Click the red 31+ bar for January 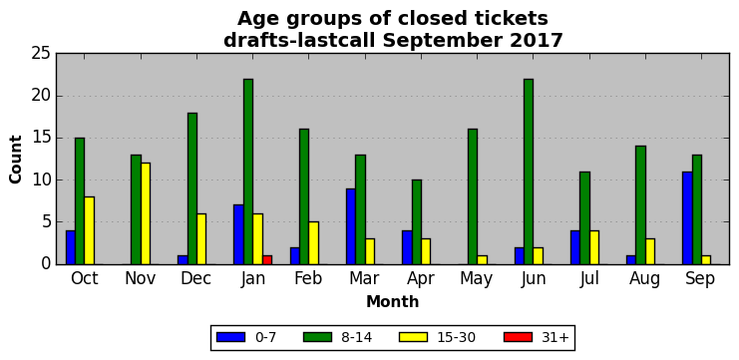pyautogui.click(x=267, y=259)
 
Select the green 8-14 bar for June pyautogui.click(x=529, y=172)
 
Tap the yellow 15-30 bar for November pyautogui.click(x=146, y=213)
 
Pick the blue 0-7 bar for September pyautogui.click(x=687, y=217)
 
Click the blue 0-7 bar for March pyautogui.click(x=351, y=226)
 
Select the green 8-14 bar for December pyautogui.click(x=192, y=188)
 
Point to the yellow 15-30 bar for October pyautogui.click(x=90, y=230)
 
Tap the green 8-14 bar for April pyautogui.click(x=417, y=222)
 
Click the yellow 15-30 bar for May pyautogui.click(x=482, y=259)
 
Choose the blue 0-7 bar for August pyautogui.click(x=631, y=259)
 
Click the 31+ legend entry pyautogui.click(x=537, y=337)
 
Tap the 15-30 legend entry pyautogui.click(x=437, y=337)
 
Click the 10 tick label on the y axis pyautogui.click(x=41, y=180)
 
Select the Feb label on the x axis pyautogui.click(x=309, y=279)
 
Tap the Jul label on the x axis pyautogui.click(x=589, y=279)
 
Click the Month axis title pyautogui.click(x=393, y=301)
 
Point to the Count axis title pyautogui.click(x=16, y=160)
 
